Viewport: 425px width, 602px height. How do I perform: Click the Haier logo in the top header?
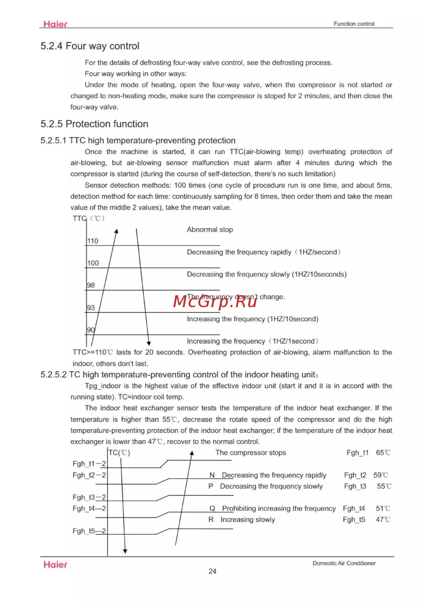point(55,24)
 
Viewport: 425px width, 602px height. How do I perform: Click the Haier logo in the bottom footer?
point(55,565)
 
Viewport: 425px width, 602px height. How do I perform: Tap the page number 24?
point(212,571)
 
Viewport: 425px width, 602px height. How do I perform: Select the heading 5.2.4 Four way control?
point(90,46)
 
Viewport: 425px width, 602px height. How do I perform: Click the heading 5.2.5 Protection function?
point(94,124)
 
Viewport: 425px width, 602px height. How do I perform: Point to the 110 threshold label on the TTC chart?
point(93,241)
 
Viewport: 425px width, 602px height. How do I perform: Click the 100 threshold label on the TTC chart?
point(93,263)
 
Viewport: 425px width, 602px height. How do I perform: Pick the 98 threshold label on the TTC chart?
point(91,285)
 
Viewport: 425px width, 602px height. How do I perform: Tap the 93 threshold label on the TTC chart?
point(91,308)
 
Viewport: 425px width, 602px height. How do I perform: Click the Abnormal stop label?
point(210,230)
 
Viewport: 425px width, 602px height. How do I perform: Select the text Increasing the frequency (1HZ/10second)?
point(252,319)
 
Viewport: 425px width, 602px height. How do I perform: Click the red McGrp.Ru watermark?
point(215,301)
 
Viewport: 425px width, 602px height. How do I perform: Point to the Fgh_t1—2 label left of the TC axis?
point(89,464)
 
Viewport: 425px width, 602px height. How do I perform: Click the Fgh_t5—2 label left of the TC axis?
point(89,531)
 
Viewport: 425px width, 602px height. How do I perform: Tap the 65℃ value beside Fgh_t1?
point(383,453)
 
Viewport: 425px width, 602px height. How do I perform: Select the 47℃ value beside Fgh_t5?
point(383,519)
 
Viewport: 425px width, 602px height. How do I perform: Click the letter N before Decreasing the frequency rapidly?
point(212,475)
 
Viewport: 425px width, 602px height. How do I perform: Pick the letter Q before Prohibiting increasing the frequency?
point(212,508)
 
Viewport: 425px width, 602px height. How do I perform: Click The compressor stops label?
point(251,453)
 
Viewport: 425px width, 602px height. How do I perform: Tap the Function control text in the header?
point(354,24)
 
